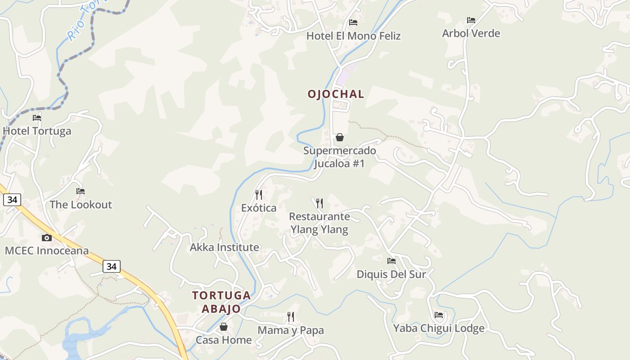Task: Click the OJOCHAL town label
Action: click(336, 94)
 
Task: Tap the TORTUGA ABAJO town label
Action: click(221, 302)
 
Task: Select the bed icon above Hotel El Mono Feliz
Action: click(353, 22)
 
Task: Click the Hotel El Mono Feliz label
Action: click(353, 36)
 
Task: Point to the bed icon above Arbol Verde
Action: click(471, 20)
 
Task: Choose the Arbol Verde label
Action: click(471, 33)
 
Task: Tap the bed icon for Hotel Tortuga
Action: click(37, 118)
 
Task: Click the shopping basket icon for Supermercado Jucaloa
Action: click(340, 137)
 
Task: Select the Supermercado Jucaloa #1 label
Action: click(339, 157)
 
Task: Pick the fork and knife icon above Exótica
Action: click(259, 195)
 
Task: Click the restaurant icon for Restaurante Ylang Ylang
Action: click(319, 203)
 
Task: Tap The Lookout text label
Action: click(81, 205)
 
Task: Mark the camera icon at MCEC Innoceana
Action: click(47, 238)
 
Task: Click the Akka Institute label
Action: click(225, 247)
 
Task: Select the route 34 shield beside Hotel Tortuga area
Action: click(12, 199)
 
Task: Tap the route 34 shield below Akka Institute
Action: click(112, 266)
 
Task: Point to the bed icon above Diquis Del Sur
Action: click(391, 261)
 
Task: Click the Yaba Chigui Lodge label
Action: click(439, 328)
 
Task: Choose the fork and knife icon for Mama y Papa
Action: click(291, 317)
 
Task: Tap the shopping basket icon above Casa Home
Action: click(224, 327)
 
